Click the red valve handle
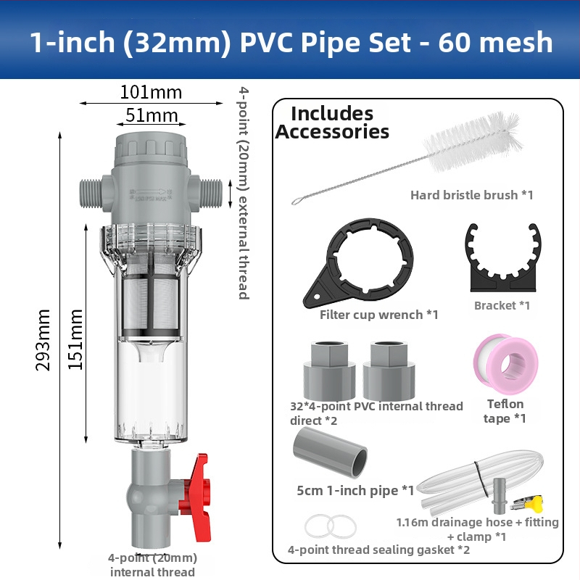coord(196,497)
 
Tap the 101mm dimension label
coord(151,93)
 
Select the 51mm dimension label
coord(152,115)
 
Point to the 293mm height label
coord(43,340)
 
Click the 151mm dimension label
coord(75,339)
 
